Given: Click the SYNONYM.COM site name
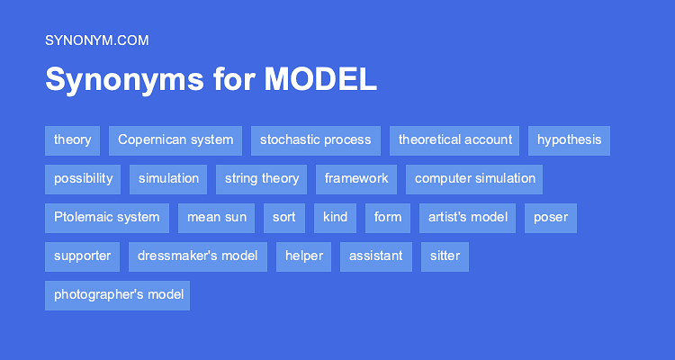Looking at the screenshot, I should (96, 40).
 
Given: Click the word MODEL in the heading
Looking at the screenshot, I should (320, 80).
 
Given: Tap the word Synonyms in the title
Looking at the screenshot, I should (123, 80).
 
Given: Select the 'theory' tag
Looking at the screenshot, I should (72, 140).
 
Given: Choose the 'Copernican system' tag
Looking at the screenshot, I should (175, 140).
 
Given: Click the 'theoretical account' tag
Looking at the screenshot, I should (454, 140).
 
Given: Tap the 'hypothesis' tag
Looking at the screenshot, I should (569, 140).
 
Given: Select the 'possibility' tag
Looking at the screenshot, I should (83, 179).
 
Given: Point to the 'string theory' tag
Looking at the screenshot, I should (261, 179).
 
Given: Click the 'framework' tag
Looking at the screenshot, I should (356, 179).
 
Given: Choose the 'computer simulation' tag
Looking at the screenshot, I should (474, 179).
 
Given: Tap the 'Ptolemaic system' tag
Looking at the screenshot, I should (106, 218).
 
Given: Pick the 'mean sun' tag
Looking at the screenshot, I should (216, 218).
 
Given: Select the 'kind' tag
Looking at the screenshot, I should (335, 218).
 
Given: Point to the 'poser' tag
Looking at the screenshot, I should (550, 218).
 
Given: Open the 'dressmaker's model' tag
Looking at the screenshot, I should (197, 256).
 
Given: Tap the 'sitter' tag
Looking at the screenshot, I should (445, 256).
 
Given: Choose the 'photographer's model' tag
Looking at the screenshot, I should (118, 295).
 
